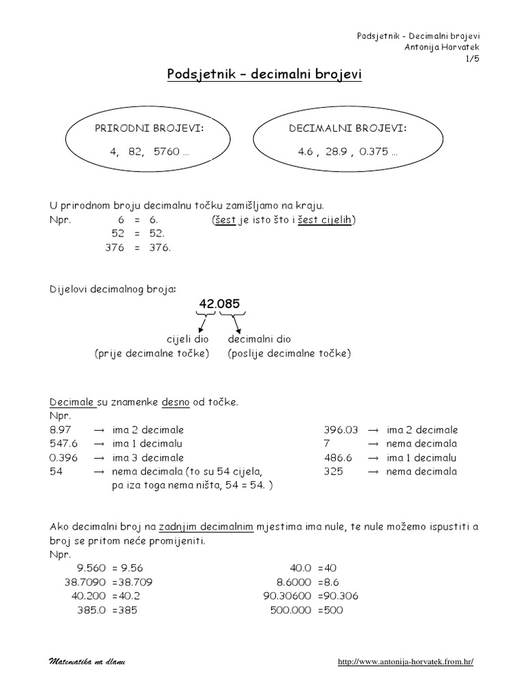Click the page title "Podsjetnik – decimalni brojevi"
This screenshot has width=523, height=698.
pyautogui.click(x=265, y=74)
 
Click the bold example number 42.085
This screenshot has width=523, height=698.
pyautogui.click(x=219, y=304)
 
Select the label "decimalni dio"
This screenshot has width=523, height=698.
pyautogui.click(x=259, y=339)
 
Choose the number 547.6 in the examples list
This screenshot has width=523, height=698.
pyautogui.click(x=66, y=444)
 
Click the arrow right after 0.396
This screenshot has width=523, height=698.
pyautogui.click(x=98, y=457)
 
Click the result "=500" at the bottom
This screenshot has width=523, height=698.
pyautogui.click(x=329, y=610)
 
